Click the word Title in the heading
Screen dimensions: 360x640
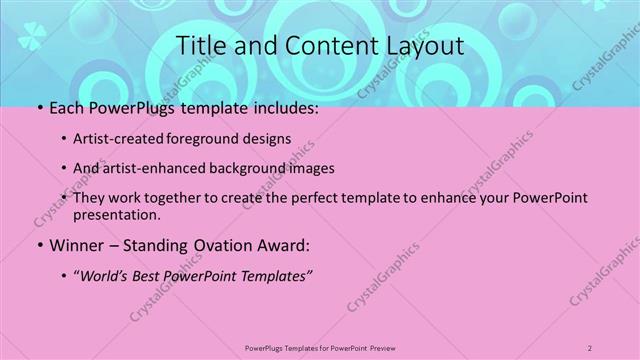click(x=199, y=46)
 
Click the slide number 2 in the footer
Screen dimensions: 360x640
click(x=590, y=348)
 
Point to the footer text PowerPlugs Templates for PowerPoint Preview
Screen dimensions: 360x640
click(x=319, y=348)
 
